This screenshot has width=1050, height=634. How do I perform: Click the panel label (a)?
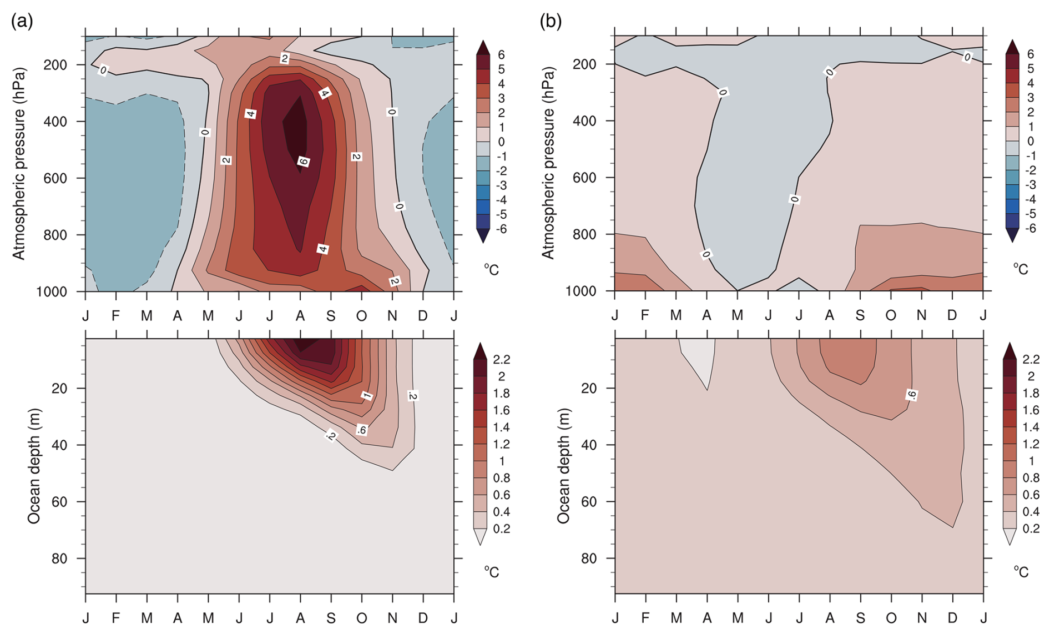22,22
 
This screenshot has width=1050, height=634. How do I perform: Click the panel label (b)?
551,22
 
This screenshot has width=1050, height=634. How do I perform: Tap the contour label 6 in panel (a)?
303,162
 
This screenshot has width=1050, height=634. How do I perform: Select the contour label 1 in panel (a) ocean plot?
366,395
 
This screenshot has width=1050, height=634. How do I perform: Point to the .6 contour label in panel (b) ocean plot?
911,395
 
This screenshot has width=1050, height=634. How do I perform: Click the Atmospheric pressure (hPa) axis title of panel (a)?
19,164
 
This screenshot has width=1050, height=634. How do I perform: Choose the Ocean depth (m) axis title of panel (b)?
564,466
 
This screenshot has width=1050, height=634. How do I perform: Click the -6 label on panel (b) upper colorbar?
1030,228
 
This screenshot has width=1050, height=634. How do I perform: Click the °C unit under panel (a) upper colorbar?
491,270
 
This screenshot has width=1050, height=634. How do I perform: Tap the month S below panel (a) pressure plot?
331,316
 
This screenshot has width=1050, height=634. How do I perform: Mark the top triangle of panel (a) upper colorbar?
483,47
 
